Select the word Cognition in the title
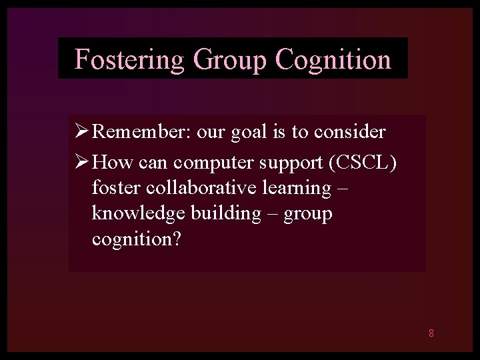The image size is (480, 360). pyautogui.click(x=332, y=59)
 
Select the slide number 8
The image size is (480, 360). pyautogui.click(x=431, y=333)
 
